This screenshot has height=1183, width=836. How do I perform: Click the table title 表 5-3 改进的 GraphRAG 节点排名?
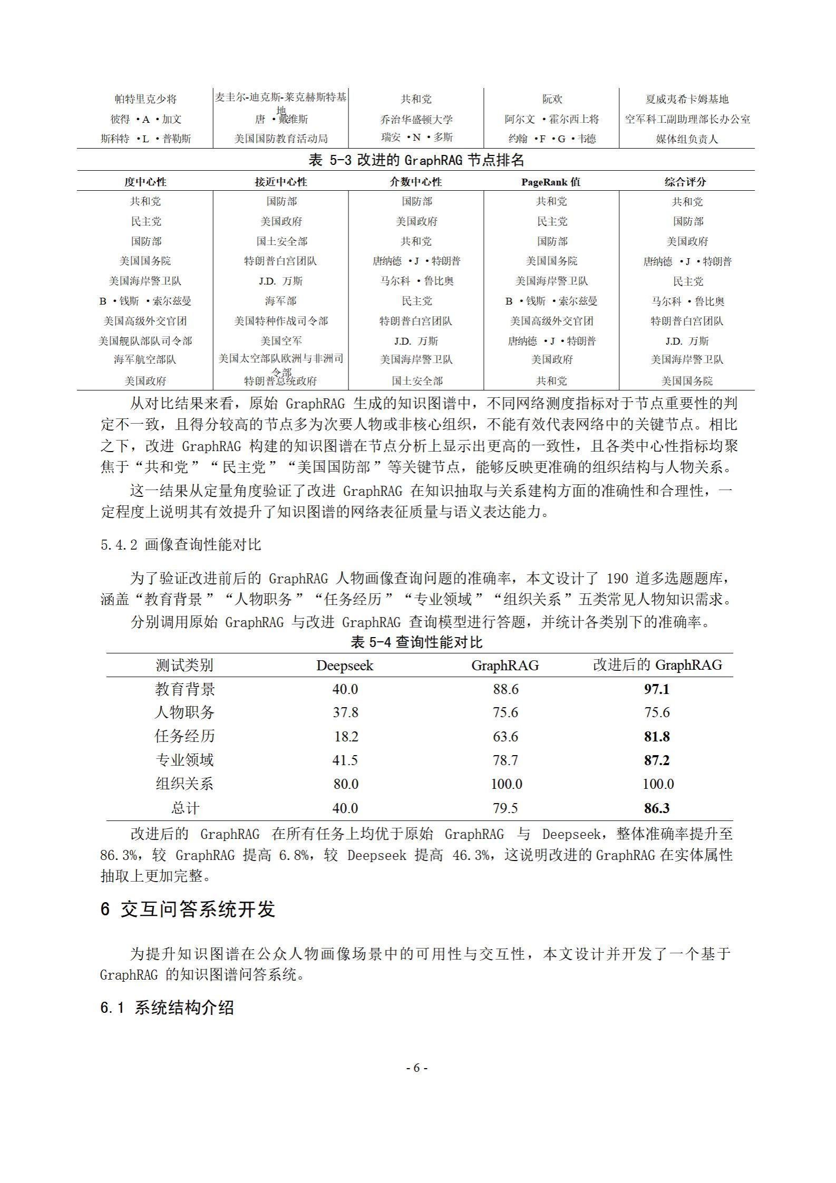click(x=416, y=160)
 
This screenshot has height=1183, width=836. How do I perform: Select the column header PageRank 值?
click(x=551, y=182)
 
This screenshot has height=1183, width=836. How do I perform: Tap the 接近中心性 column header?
click(x=280, y=182)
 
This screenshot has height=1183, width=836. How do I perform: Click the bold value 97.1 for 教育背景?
click(x=656, y=689)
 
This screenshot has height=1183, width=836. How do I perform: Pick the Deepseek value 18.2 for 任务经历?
click(x=346, y=736)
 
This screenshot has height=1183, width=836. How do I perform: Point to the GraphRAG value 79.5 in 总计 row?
click(x=505, y=808)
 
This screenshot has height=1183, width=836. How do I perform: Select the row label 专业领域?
click(x=184, y=760)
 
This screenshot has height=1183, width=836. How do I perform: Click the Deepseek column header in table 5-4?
click(x=344, y=666)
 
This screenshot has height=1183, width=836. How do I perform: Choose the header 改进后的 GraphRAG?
click(x=657, y=665)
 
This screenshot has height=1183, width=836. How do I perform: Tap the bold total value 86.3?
click(x=656, y=808)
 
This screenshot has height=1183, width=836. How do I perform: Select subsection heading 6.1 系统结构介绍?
click(x=167, y=1008)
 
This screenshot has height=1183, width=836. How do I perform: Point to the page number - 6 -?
click(x=416, y=1068)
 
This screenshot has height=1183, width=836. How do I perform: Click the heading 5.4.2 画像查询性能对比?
click(x=181, y=545)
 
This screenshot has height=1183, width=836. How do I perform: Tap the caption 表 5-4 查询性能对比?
click(x=416, y=642)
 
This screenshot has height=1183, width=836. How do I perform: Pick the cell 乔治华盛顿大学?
click(x=416, y=120)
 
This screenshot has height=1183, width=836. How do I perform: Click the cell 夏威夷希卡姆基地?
click(x=687, y=99)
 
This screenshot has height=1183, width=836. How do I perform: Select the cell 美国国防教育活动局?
click(x=281, y=139)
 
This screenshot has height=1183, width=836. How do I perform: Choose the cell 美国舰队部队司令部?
click(x=145, y=341)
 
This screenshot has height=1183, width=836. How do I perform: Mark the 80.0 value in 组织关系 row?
click(x=346, y=784)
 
